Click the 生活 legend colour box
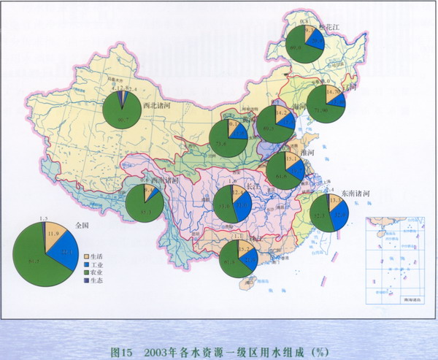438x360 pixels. coord(86,257)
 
